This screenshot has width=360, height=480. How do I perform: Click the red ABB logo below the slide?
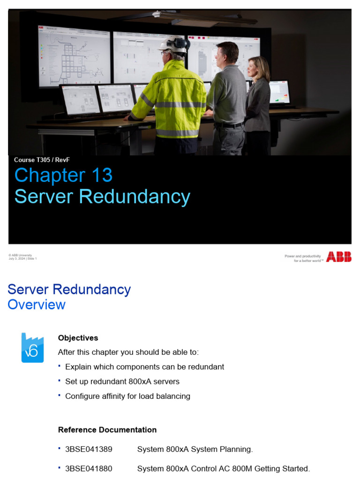coord(338,257)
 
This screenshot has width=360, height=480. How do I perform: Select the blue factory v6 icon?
coord(32,347)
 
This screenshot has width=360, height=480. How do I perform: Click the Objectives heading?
coord(78,338)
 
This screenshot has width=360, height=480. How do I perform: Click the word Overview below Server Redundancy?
coord(37,305)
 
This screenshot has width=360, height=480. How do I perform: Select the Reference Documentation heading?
coord(107,430)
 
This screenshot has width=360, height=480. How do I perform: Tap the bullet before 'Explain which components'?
coord(60,366)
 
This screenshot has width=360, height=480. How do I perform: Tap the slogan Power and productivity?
coord(303,256)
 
